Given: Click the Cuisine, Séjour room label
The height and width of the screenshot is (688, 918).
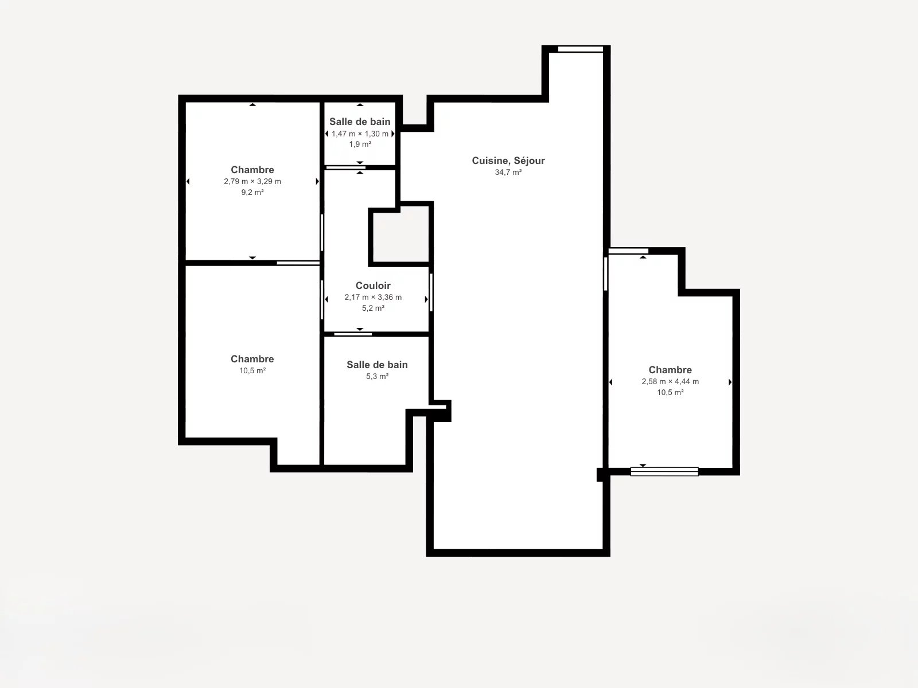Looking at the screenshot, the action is (x=508, y=161).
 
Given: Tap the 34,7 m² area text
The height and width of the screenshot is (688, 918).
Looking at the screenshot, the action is (x=508, y=172).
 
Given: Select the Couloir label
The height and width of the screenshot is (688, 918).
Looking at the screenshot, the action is (x=373, y=286).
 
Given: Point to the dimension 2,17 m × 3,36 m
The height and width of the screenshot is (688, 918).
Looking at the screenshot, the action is (x=373, y=298).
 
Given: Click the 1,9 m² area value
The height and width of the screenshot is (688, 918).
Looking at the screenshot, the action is (x=360, y=144).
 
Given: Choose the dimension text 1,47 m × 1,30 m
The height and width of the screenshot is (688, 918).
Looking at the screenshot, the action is (x=360, y=134).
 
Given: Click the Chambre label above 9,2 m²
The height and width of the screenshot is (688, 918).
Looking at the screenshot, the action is (x=252, y=170).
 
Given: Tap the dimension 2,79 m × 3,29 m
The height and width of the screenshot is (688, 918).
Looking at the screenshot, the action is (x=252, y=181).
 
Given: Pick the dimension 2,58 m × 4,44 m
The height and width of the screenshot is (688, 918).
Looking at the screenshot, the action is (x=670, y=381).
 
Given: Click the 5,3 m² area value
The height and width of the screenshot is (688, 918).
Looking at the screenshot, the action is (x=377, y=376).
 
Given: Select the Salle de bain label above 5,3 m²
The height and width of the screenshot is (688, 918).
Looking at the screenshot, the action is (x=377, y=365).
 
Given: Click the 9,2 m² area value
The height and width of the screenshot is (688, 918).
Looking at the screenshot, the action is (x=252, y=192).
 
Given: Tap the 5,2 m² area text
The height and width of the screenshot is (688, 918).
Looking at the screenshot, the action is (x=373, y=308).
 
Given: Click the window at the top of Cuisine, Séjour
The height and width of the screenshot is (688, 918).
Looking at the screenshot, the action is (x=581, y=49).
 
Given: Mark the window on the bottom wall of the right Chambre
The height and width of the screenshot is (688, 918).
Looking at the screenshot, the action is (x=664, y=472).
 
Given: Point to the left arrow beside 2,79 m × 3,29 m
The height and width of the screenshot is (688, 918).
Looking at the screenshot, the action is (x=188, y=181).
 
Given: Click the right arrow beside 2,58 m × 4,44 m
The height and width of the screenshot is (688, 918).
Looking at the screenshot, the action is (x=730, y=382).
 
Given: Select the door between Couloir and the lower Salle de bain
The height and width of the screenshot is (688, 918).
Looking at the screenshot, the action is (x=353, y=334).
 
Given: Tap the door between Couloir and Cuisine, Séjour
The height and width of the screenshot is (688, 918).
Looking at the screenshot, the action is (x=431, y=292).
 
